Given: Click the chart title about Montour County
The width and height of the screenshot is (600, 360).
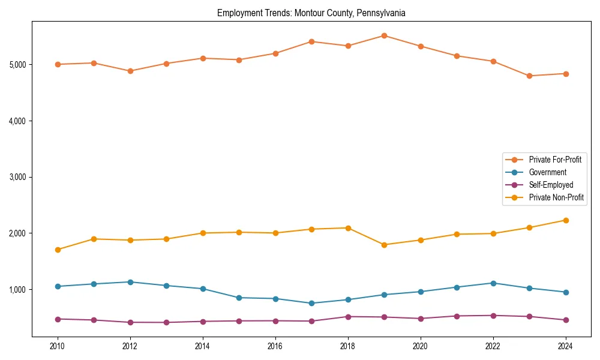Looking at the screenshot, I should click(x=311, y=13).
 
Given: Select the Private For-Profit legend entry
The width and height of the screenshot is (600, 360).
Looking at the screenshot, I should click(x=554, y=160).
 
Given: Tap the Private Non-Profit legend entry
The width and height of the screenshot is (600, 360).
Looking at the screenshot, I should click(x=556, y=197).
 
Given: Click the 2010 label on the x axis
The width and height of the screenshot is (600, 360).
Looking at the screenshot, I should click(x=58, y=346).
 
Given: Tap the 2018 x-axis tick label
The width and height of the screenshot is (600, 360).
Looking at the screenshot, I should click(x=347, y=346).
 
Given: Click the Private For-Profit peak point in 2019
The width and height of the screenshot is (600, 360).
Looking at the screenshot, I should click(x=384, y=35).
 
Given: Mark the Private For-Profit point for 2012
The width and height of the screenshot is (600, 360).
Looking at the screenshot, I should click(x=130, y=71).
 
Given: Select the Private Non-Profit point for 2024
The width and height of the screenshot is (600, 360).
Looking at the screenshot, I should click(x=565, y=220).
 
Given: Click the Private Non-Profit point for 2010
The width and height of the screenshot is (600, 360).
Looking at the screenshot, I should click(x=58, y=250).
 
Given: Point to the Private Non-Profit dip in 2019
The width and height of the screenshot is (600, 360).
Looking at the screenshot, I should click(x=384, y=245).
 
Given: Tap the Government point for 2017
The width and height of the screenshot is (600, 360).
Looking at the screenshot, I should click(x=311, y=303).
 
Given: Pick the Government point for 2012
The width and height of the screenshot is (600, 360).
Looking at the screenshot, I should click(x=130, y=282).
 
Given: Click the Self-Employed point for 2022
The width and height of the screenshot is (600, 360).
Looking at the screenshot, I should click(x=493, y=316).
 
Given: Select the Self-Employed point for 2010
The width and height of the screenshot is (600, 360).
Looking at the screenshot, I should click(x=58, y=319).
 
